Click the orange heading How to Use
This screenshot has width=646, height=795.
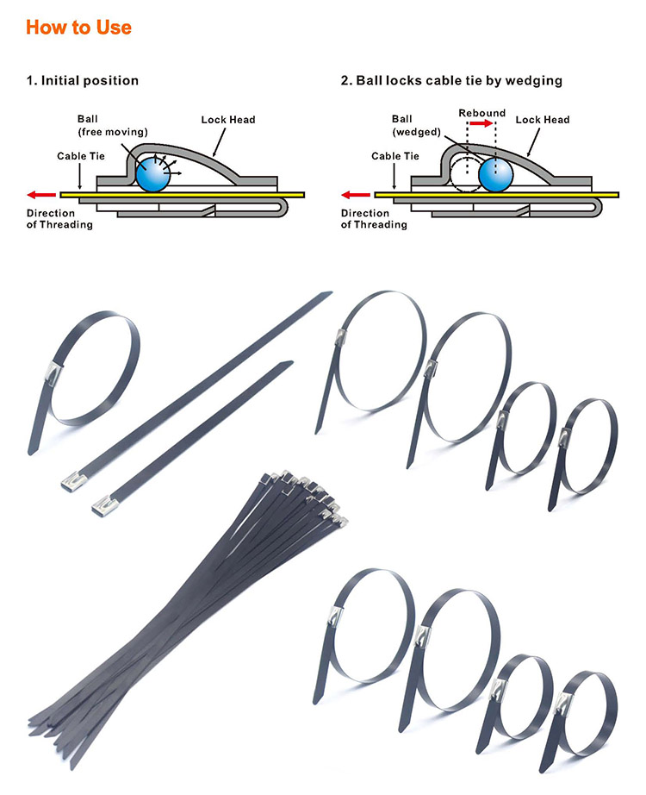pos(78,27)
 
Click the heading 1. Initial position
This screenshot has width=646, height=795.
pos(82,80)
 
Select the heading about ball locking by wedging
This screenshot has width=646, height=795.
pos(451,80)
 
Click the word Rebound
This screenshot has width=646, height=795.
pos(481,113)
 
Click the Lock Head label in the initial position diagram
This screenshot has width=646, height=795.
pos(227,120)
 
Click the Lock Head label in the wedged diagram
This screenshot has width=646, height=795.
pos(543,120)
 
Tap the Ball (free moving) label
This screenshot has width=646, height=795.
pos(102,126)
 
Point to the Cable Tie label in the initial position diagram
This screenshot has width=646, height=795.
pos(81,156)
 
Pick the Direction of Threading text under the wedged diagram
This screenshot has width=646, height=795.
pos(374,219)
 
